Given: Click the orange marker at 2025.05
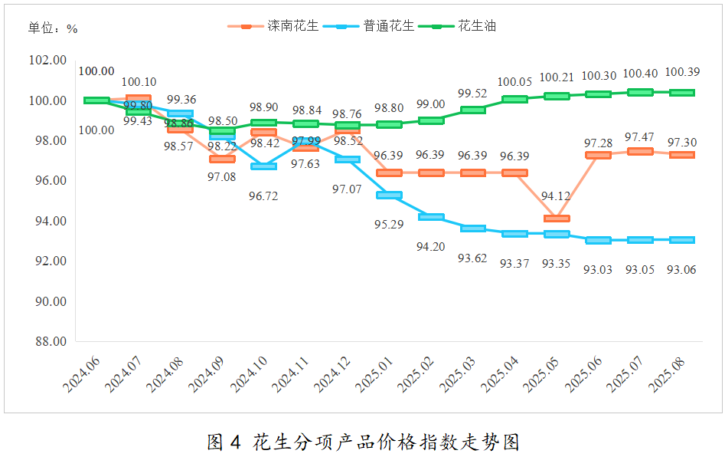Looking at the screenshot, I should pyautogui.click(x=557, y=219).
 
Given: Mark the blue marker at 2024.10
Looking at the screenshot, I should pyautogui.click(x=263, y=166).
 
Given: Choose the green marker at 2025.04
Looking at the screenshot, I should pyautogui.click(x=514, y=99).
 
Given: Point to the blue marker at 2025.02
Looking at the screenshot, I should pyautogui.click(x=430, y=217).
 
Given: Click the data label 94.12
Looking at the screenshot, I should pyautogui.click(x=556, y=197).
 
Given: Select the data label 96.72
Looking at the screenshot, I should pyautogui.click(x=263, y=196).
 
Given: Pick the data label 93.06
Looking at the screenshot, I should pyautogui.click(x=681, y=269).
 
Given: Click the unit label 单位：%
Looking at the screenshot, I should pyautogui.click(x=53, y=28).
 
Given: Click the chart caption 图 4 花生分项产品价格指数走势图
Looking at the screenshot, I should pyautogui.click(x=363, y=441).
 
